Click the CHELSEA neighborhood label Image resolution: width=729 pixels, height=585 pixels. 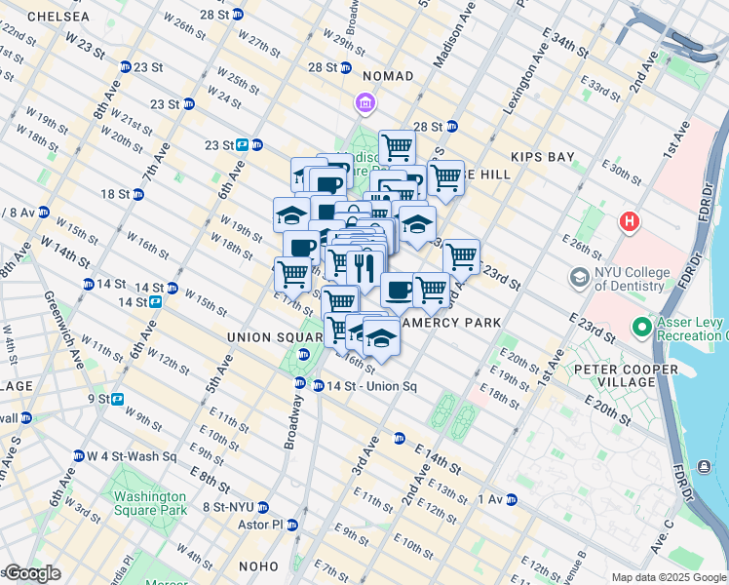click(x=58, y=18)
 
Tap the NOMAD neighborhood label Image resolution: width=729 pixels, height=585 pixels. click(x=388, y=76)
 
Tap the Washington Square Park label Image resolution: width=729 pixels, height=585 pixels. click(x=149, y=502)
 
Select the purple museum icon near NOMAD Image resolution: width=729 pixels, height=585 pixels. click(x=365, y=102)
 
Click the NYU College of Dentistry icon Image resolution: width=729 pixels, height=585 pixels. click(x=580, y=280)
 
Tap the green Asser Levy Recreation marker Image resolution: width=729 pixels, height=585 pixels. click(x=641, y=327)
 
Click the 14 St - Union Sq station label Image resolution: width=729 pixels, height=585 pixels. click(x=371, y=386)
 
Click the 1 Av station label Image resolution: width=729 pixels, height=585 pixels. click(x=489, y=499)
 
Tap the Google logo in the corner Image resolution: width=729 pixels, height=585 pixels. click(x=32, y=574)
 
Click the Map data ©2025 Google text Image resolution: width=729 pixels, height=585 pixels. click(x=669, y=577)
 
